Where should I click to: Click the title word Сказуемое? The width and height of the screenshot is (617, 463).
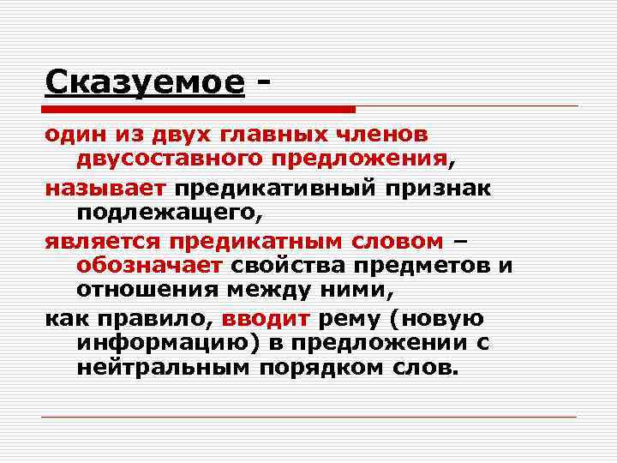(x=145, y=82)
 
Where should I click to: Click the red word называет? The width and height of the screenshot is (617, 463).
(x=109, y=189)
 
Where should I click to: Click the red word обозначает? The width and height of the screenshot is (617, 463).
(x=150, y=265)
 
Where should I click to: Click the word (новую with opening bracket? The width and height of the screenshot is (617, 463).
(x=437, y=319)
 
